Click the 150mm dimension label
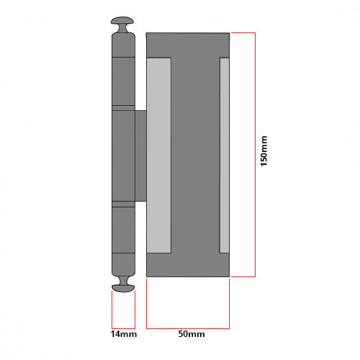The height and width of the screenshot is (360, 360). click(x=264, y=155)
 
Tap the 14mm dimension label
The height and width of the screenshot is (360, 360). click(x=124, y=335)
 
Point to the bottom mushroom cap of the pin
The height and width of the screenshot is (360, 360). click(x=124, y=287)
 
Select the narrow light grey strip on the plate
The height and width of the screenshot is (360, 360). click(x=224, y=155)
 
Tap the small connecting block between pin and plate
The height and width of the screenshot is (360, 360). click(x=140, y=155)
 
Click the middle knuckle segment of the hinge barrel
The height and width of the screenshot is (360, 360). click(x=123, y=155)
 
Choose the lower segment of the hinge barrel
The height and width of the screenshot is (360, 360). click(x=123, y=230)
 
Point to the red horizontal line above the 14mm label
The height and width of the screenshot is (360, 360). click(x=124, y=326)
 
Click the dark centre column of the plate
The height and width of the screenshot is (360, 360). click(x=194, y=155)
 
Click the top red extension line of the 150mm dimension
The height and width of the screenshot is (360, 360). click(x=243, y=33)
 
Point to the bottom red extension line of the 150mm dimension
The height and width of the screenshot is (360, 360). click(x=243, y=276)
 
